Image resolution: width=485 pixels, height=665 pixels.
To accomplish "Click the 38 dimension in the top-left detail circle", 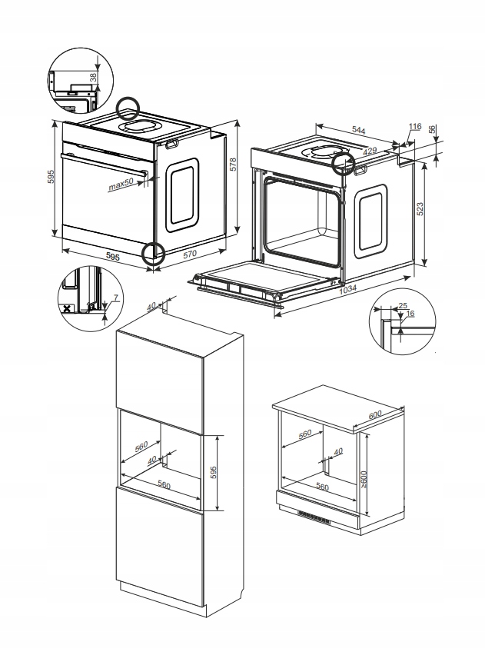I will (x=94, y=77).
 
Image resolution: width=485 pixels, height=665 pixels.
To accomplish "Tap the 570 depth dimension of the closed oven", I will (x=188, y=254).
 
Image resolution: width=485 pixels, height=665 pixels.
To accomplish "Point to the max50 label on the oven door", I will (x=121, y=184).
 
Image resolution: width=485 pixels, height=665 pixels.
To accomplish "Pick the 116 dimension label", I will (x=415, y=127).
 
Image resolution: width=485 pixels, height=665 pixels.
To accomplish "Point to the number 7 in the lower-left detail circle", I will (x=115, y=297).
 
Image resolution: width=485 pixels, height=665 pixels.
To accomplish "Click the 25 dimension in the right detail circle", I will (x=404, y=307).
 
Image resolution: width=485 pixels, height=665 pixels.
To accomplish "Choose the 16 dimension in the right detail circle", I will (x=410, y=314).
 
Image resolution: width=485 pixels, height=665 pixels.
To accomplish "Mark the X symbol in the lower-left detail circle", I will (x=68, y=309).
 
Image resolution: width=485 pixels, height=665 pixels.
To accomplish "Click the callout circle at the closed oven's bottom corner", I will (x=154, y=253).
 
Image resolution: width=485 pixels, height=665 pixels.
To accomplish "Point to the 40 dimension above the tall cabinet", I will (x=151, y=306).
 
